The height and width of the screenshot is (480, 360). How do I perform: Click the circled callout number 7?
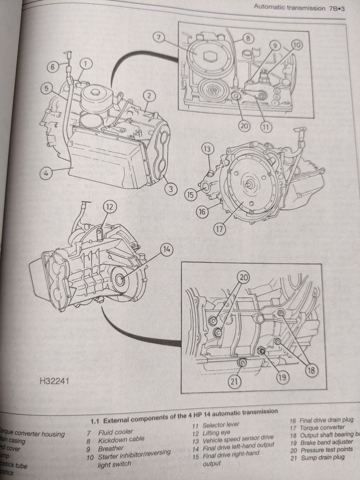point(159,37)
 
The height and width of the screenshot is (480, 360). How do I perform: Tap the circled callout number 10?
point(297,45)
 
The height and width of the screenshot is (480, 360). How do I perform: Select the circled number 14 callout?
point(167,249)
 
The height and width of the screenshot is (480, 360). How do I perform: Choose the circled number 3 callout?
point(171,189)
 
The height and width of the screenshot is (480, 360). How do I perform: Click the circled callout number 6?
point(53,67)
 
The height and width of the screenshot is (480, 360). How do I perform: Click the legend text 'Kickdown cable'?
point(121,439)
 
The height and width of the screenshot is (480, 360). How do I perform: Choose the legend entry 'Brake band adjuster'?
point(326,442)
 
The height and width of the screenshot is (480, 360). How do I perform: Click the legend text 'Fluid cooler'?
point(115,432)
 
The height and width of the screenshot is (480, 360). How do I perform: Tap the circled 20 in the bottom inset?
point(244,277)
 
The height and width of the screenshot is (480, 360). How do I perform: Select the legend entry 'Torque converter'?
point(322,427)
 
